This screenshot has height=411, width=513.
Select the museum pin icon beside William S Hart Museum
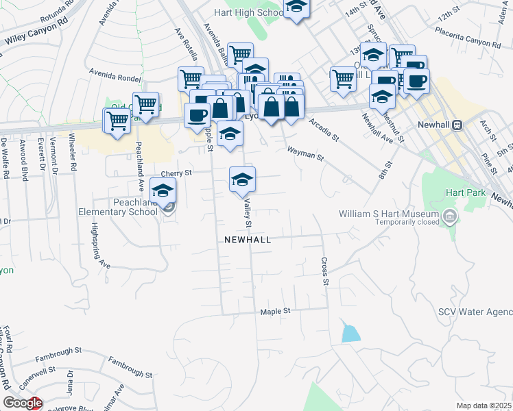click(450, 218)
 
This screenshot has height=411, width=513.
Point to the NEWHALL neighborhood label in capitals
click(247, 240)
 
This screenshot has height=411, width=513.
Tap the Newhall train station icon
click(456, 126)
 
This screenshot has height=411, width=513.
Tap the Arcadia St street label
click(324, 128)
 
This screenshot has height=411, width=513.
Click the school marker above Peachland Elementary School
click(163, 191)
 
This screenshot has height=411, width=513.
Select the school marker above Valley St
click(241, 180)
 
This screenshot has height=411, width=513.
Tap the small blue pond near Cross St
click(350, 334)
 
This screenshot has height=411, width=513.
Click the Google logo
click(23, 403)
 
